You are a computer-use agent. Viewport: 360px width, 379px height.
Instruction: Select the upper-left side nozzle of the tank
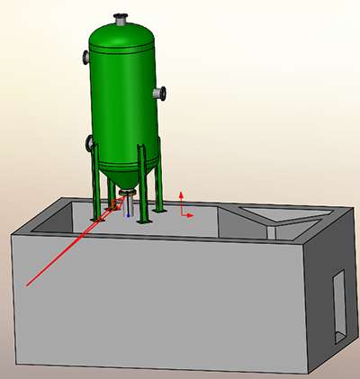point(85,58)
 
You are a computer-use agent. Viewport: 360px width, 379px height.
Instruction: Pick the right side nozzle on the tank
point(161,93)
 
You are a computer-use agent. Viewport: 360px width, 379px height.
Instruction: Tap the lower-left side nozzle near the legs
point(89,142)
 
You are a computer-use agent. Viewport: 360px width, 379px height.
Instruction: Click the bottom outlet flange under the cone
point(128,192)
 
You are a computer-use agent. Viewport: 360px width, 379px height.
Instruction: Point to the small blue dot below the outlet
point(130,216)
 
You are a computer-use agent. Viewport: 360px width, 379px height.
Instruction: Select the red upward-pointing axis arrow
point(183,196)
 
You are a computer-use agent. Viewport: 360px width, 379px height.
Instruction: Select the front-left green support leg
point(95,185)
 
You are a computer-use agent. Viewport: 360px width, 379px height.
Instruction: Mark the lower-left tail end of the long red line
point(29,284)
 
